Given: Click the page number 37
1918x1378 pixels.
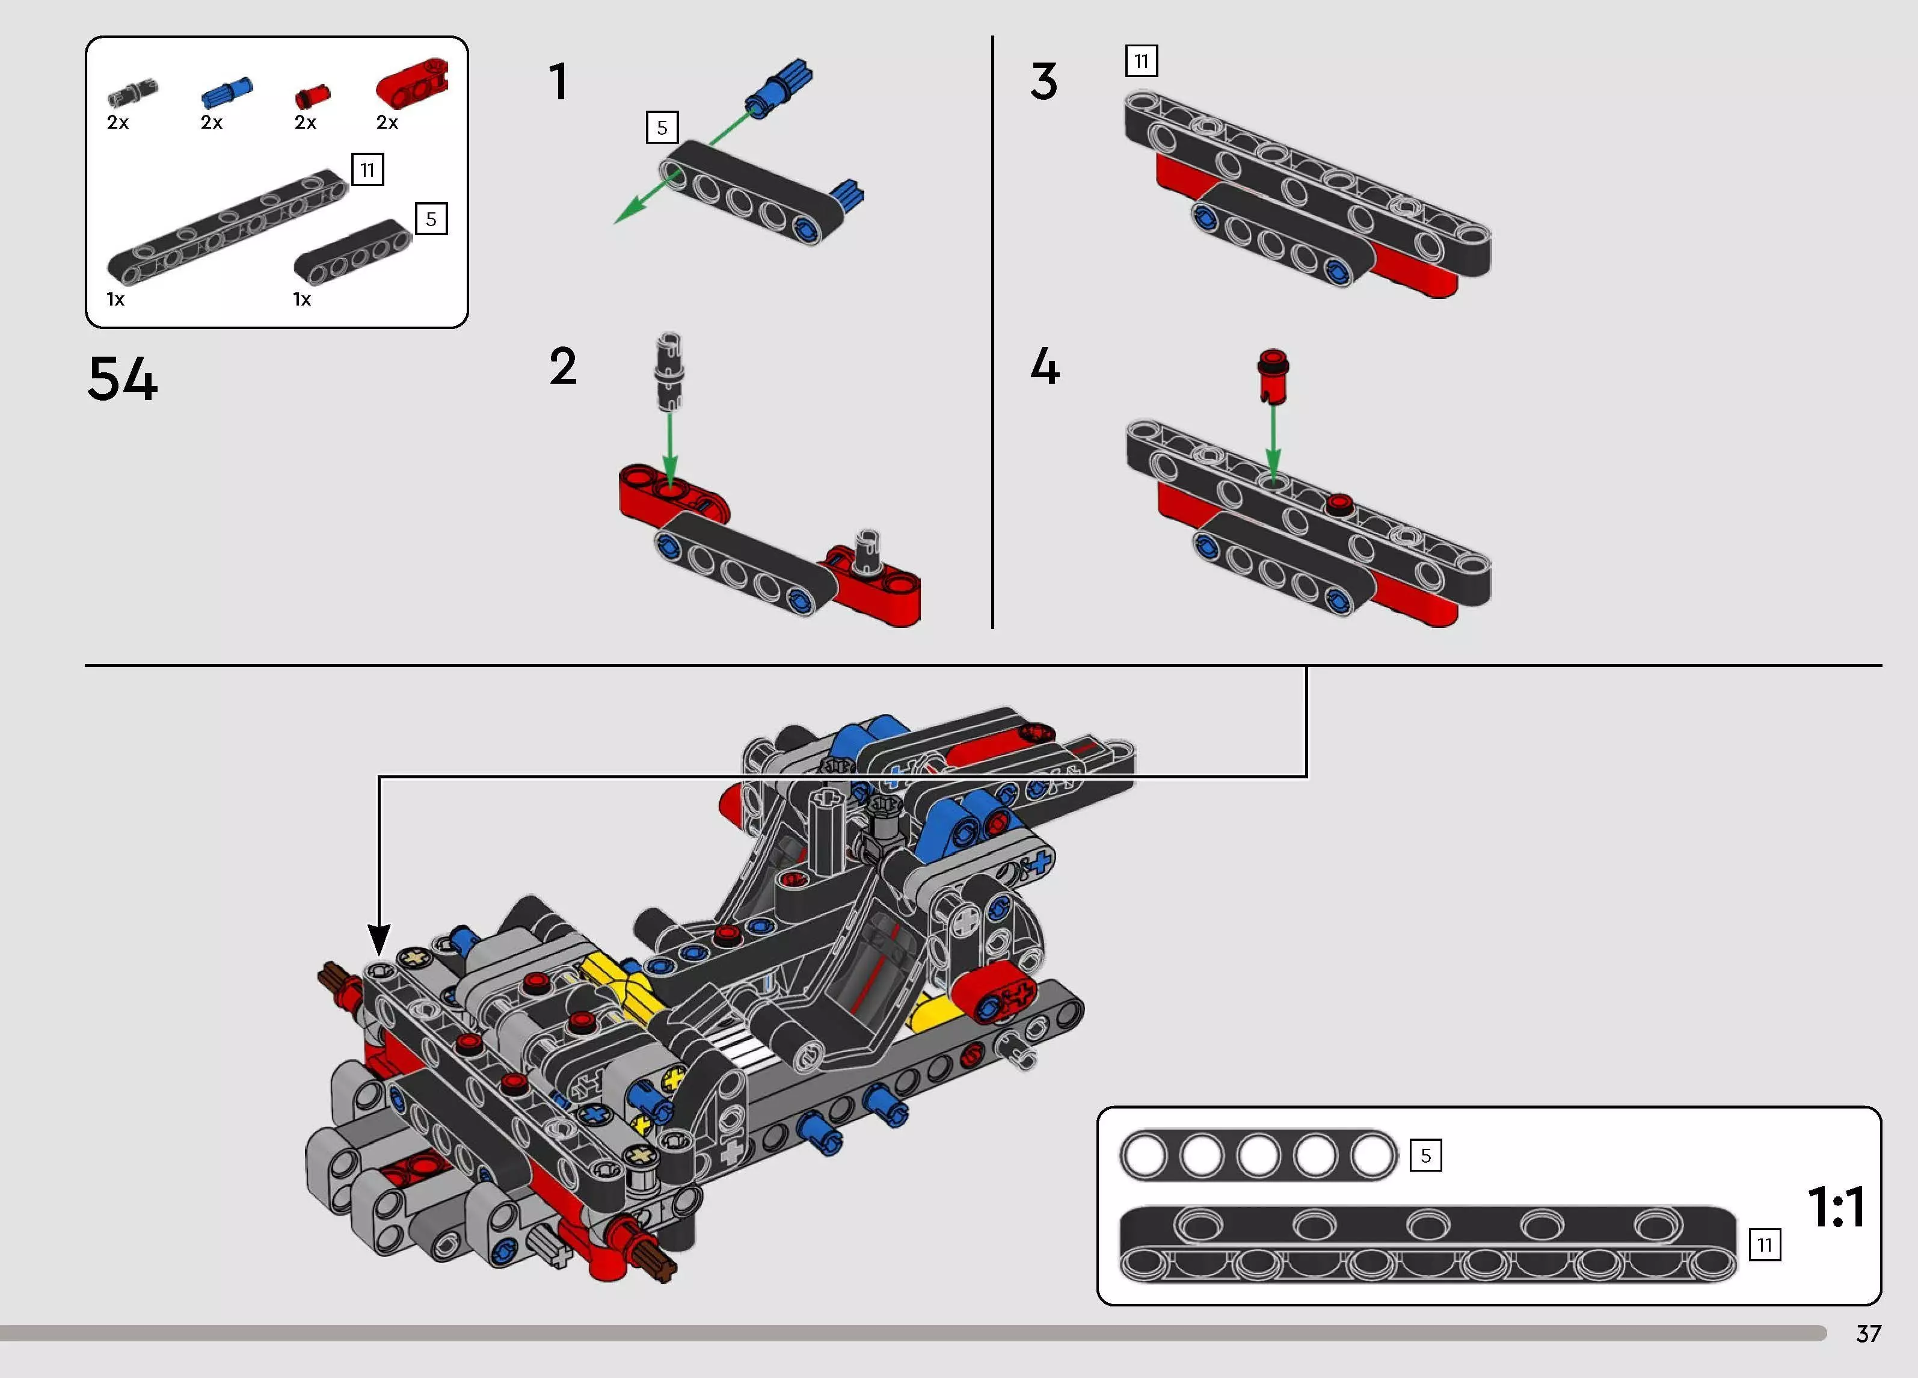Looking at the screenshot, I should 1868,1334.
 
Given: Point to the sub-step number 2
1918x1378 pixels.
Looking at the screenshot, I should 562,366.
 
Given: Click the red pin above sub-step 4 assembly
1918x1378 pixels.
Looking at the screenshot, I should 1273,375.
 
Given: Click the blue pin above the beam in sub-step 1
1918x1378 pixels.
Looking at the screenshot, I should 779,87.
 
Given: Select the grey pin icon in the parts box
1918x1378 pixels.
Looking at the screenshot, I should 133,91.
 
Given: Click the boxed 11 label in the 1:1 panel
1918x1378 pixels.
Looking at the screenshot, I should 1765,1245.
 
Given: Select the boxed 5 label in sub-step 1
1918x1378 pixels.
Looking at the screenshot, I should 662,128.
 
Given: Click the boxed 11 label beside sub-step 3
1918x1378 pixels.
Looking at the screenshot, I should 1141,61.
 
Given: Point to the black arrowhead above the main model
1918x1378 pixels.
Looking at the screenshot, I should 379,940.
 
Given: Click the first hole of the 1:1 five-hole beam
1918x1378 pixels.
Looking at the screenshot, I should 1144,1155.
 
